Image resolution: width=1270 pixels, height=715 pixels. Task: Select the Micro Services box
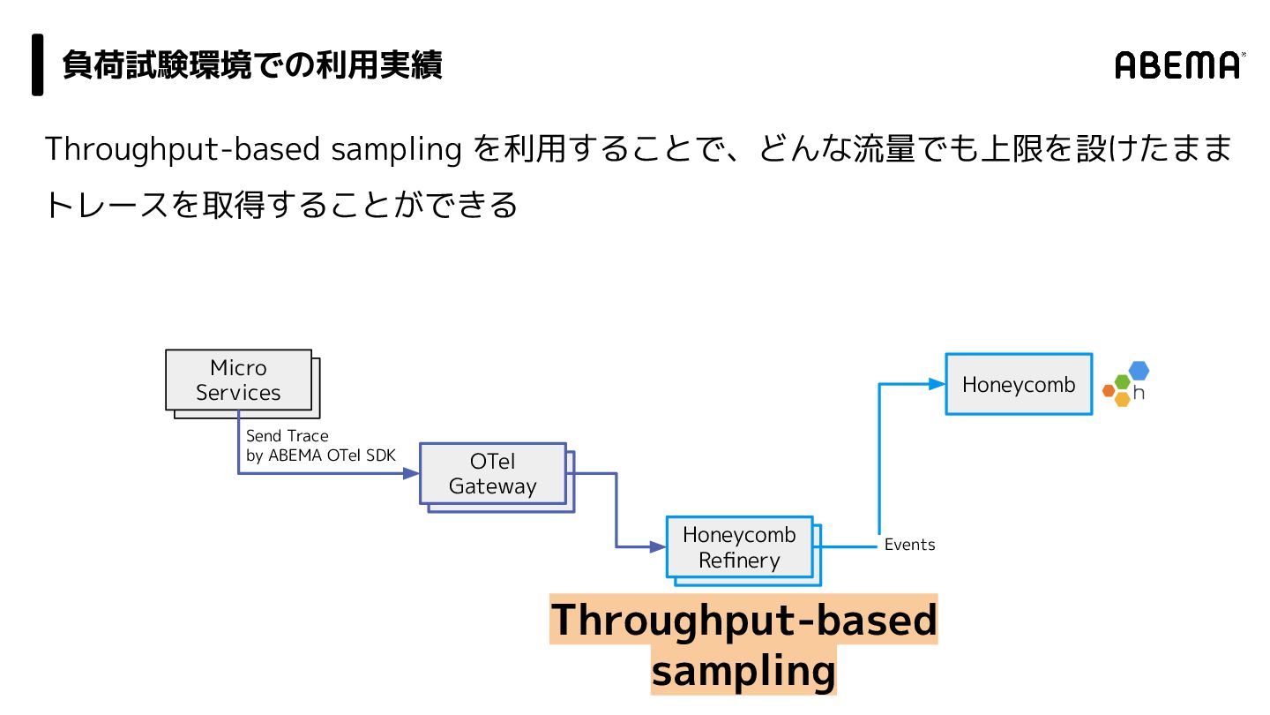[x=238, y=380]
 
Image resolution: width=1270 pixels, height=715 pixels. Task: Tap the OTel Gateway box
[x=492, y=474]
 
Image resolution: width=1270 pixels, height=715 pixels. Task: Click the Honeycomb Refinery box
[x=739, y=547]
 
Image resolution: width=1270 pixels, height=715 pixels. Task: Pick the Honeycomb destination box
[x=1019, y=385]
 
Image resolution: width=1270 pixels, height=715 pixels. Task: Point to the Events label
[x=909, y=545]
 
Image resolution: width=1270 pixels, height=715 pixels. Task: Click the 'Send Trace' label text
[x=287, y=436]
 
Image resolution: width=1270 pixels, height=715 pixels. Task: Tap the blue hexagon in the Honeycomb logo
[x=1139, y=371]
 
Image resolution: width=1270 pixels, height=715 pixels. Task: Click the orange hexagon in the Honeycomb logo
[x=1109, y=390]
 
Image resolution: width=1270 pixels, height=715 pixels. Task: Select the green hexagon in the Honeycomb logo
[x=1122, y=381]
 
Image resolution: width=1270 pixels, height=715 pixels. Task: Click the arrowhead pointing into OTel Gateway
[x=411, y=474]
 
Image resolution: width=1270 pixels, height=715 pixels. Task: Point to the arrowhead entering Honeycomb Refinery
[x=658, y=547]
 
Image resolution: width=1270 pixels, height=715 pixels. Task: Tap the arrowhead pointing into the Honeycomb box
[x=938, y=384]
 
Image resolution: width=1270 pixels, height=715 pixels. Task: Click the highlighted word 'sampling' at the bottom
[x=743, y=671]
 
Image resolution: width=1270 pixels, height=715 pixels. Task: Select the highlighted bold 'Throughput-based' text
[x=743, y=620]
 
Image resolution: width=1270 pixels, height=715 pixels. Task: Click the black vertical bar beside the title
[x=38, y=64]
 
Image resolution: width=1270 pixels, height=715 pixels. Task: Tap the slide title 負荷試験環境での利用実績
[x=252, y=65]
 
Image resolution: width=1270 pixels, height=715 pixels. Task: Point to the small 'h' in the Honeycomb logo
[x=1139, y=393]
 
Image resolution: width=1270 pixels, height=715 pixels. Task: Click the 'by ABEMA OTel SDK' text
[x=320, y=455]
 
